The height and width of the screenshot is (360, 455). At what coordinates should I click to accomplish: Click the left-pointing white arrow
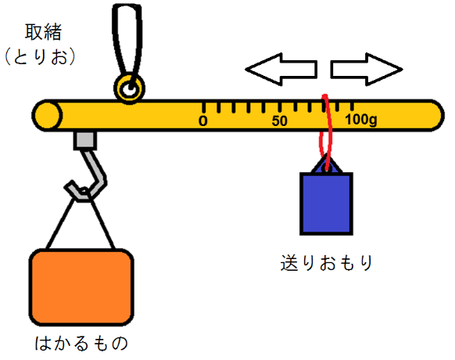click(281, 69)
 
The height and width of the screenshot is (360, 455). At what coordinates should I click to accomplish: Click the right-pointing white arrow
click(367, 69)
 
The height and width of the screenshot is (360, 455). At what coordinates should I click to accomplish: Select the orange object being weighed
click(81, 287)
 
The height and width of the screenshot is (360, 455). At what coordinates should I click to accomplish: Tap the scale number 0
click(203, 121)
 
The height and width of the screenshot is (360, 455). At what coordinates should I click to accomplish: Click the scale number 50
click(279, 121)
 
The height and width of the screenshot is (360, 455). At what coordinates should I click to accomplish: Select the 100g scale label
click(361, 120)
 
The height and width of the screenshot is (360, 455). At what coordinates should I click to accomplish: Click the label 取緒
click(43, 32)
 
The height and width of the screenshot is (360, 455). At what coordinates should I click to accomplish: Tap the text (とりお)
click(40, 56)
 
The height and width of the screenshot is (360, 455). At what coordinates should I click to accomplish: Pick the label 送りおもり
click(327, 263)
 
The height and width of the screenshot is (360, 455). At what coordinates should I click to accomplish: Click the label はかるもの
click(81, 343)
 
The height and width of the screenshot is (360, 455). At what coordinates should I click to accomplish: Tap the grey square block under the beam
click(85, 141)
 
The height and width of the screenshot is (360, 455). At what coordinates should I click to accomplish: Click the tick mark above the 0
click(204, 107)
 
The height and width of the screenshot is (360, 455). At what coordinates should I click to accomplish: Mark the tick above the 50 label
click(280, 107)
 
